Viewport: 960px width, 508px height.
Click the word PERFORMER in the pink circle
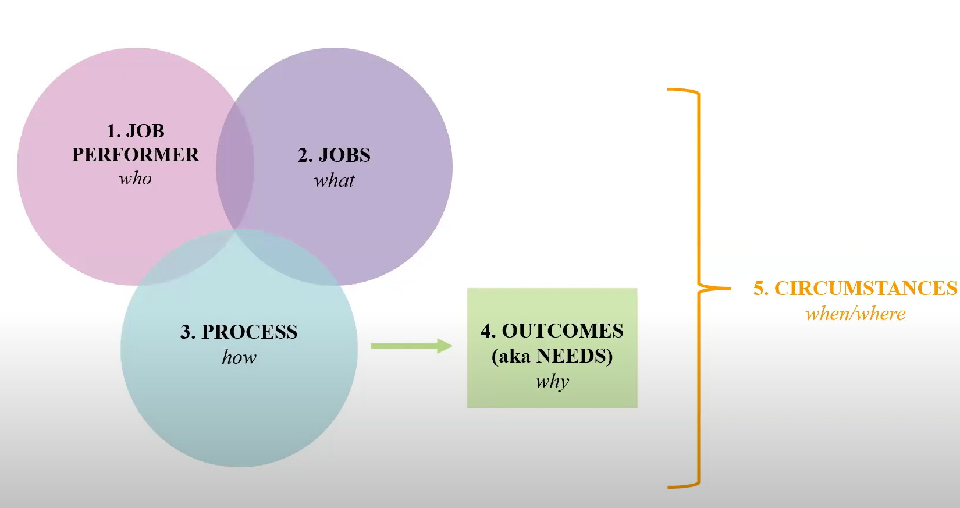point(135,155)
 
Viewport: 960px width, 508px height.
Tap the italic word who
point(135,179)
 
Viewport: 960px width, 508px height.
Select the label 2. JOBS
point(334,155)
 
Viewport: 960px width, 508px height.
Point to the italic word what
point(334,180)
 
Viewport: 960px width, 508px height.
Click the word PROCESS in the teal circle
point(249,332)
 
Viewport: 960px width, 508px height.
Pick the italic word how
point(239,357)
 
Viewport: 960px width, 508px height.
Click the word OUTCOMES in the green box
point(563,331)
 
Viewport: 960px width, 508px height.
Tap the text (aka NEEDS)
point(552,356)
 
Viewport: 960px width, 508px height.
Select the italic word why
point(552,382)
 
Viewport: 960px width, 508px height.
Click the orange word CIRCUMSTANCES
point(865,288)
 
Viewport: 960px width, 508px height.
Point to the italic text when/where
point(855,314)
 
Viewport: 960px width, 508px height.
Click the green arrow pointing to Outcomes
point(411,346)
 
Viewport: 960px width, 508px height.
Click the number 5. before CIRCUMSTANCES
point(761,289)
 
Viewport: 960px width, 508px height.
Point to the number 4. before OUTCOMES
point(488,331)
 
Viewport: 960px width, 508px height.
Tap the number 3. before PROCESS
point(187,332)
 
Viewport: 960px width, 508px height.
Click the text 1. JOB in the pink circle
point(135,131)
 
